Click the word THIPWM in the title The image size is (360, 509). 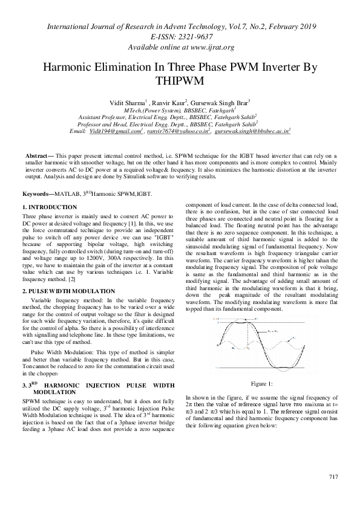click(x=180, y=80)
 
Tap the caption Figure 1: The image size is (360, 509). click(x=261, y=383)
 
